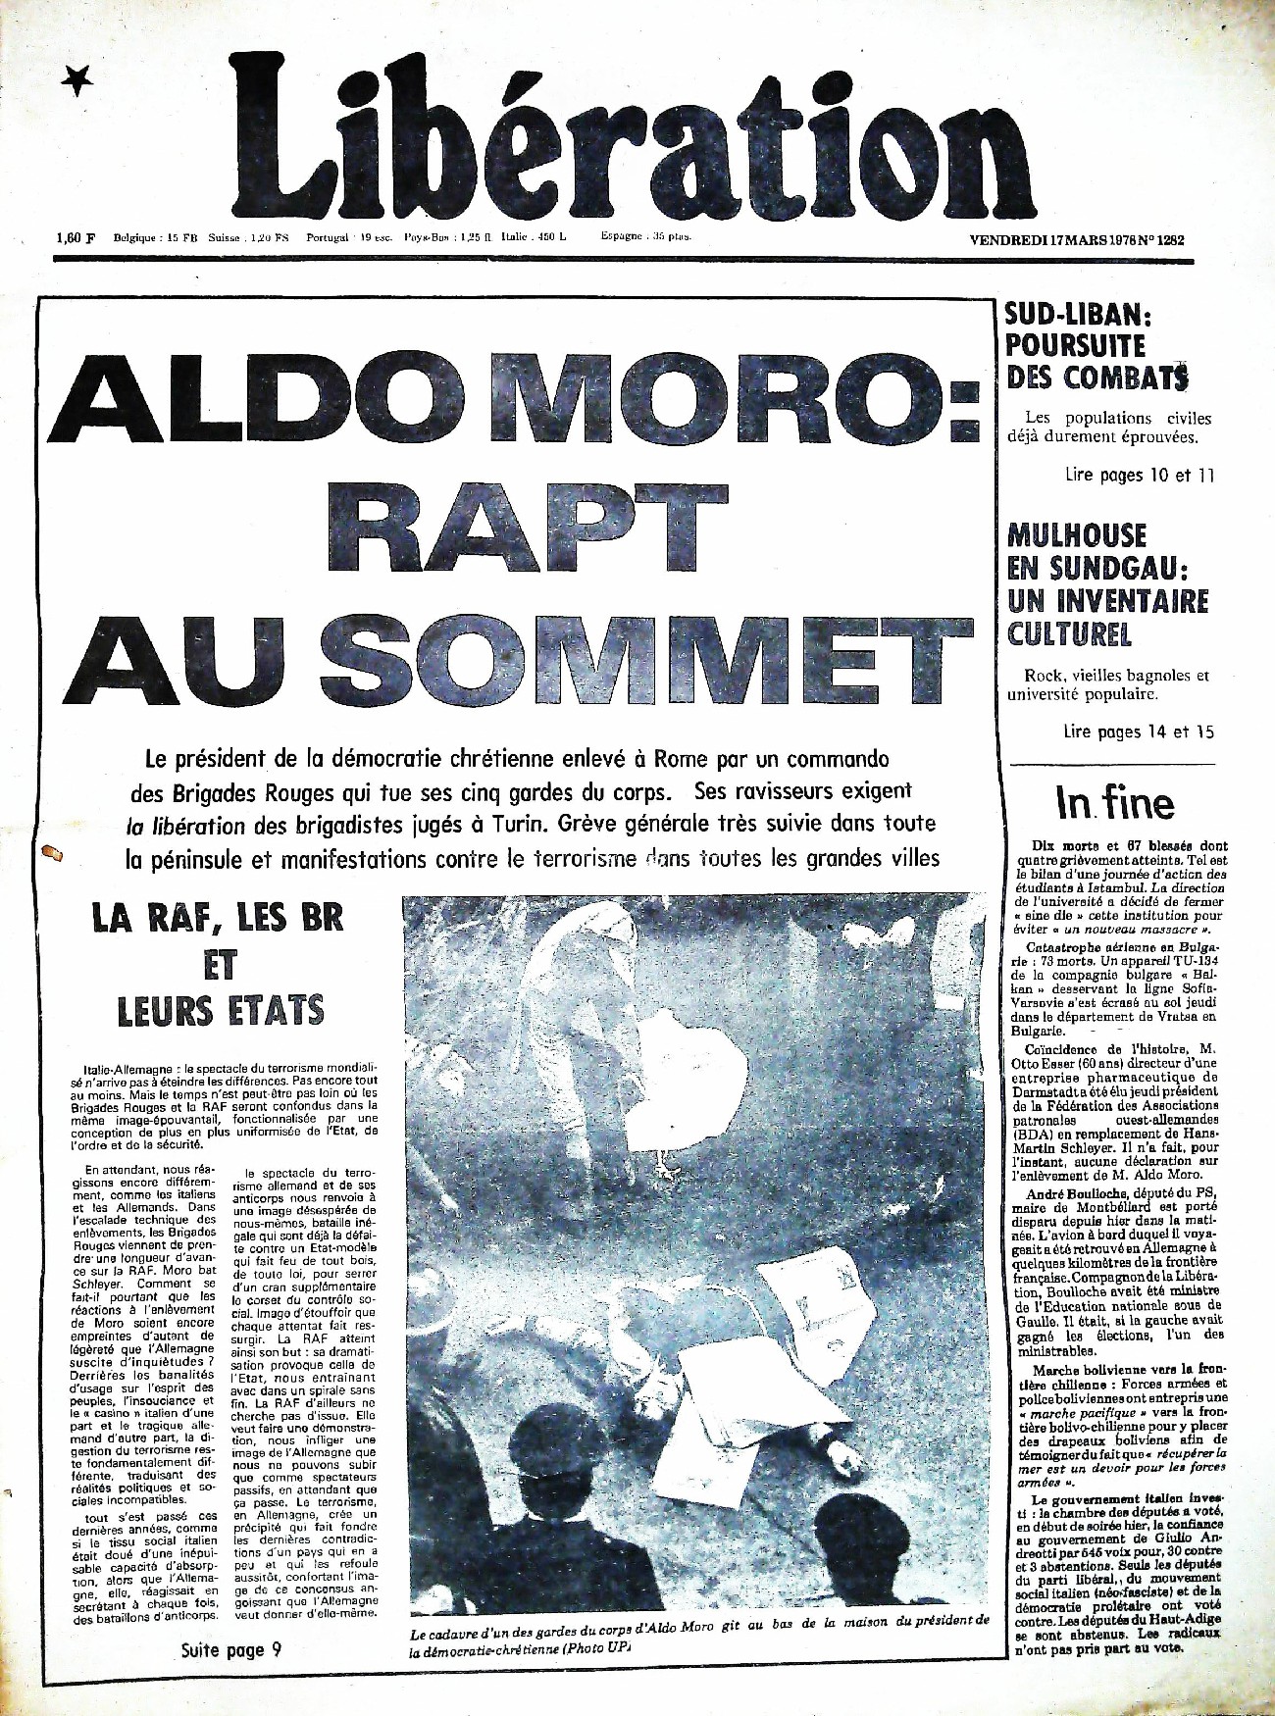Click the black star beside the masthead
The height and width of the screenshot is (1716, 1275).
(x=76, y=83)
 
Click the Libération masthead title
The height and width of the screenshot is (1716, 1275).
(x=620, y=137)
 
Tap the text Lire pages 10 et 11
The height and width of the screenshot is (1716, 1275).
(x=1140, y=476)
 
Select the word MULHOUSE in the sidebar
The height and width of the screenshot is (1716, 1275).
(x=1077, y=535)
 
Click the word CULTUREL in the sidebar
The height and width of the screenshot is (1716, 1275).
(x=1069, y=633)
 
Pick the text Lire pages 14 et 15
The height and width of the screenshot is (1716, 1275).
(x=1139, y=732)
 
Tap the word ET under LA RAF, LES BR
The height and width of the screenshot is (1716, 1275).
(x=220, y=965)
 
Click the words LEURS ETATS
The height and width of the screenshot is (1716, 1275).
(x=220, y=1011)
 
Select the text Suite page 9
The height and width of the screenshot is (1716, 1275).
(x=231, y=1650)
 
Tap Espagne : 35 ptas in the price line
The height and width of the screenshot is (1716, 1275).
(x=645, y=236)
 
